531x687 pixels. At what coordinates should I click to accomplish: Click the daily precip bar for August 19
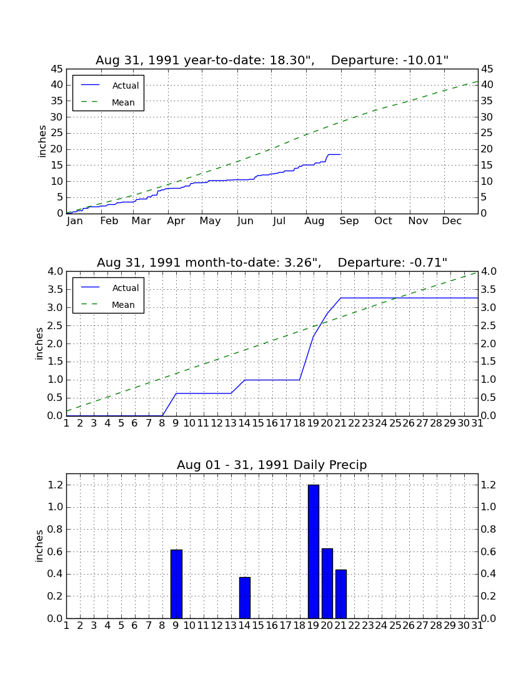[313, 551]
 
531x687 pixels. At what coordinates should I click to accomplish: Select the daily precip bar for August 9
[176, 583]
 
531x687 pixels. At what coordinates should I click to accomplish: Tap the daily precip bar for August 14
[245, 598]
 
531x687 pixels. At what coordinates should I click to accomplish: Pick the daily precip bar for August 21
[341, 594]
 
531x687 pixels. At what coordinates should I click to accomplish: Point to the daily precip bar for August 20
[327, 583]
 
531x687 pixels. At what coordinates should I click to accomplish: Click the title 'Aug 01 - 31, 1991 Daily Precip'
[272, 465]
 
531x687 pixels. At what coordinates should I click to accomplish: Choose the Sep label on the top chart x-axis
[349, 221]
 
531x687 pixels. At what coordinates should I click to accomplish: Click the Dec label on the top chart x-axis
[452, 221]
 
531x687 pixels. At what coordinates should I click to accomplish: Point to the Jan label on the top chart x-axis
[75, 221]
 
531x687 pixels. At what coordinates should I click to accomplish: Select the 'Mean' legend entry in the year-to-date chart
[109, 102]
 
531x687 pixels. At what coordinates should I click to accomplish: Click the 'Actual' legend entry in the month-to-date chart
[110, 288]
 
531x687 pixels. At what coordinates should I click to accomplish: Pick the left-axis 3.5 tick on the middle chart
[55, 290]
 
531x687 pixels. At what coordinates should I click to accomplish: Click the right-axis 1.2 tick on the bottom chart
[489, 485]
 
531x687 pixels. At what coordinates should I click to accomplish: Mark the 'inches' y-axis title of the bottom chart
[39, 546]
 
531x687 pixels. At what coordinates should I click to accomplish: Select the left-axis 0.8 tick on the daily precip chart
[55, 529]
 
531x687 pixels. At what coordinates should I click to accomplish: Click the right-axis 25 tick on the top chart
[487, 133]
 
